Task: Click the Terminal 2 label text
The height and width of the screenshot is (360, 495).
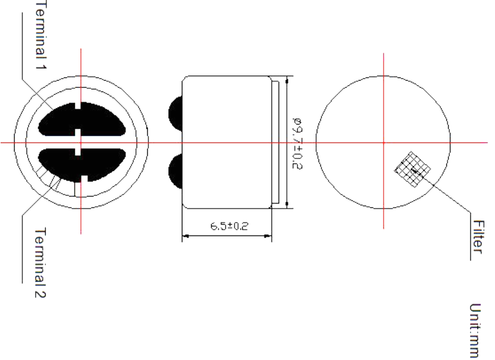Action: pos(40,263)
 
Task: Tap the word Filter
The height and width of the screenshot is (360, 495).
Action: pos(478,237)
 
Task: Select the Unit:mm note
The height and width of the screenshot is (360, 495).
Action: pos(476,331)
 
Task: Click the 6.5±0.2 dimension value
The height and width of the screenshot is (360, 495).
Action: pos(229,226)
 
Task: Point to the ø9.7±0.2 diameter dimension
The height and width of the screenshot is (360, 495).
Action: pos(297,144)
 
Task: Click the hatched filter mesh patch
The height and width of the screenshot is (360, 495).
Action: pos(412,169)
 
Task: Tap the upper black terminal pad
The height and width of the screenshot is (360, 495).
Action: pos(82,119)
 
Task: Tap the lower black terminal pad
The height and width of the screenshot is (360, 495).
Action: pos(82,165)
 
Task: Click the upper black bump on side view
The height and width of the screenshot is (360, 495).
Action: pos(176,113)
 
